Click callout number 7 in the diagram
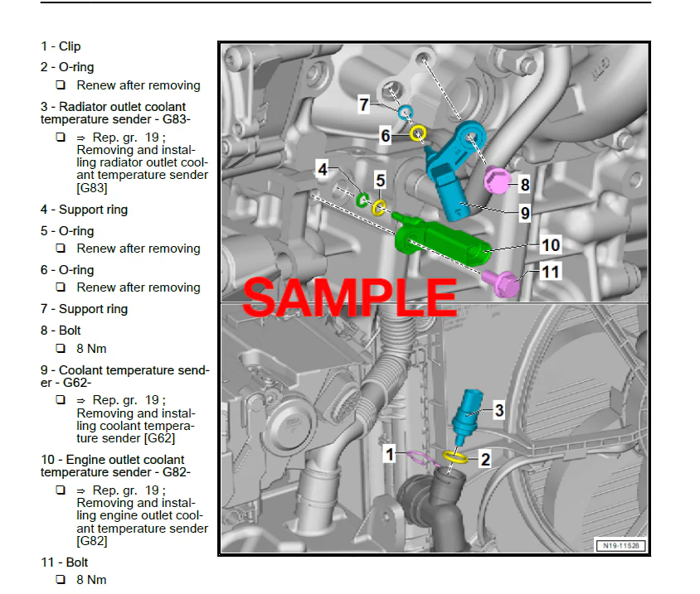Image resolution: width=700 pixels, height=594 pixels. pos(364,104)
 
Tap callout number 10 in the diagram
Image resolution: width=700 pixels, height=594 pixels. pos(551,245)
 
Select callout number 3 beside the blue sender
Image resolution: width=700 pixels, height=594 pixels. pos(499,410)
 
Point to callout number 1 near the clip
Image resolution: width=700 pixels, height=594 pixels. pos(390,455)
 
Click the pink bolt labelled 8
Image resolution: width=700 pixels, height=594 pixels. pos(498,180)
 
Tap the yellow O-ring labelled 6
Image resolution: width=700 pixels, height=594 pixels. pos(418,133)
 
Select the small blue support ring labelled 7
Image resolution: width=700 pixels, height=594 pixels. pos(406,112)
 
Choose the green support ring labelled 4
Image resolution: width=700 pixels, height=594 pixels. pos(362,200)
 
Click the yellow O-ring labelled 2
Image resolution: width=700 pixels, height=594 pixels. pos(455,456)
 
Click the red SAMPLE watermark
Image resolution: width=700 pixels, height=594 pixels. pos(349,297)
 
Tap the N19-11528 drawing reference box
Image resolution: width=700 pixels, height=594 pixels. pos(620,545)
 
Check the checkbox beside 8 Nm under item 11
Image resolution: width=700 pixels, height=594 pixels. pos(61,579)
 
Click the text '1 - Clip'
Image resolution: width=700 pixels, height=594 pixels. pos(61,46)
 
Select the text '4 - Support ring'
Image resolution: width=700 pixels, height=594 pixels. pos(84,210)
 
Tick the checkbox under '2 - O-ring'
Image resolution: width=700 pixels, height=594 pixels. pos(61,85)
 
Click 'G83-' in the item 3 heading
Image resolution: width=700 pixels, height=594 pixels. pos(177,119)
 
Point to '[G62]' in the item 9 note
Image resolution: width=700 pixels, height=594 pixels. pos(159,438)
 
